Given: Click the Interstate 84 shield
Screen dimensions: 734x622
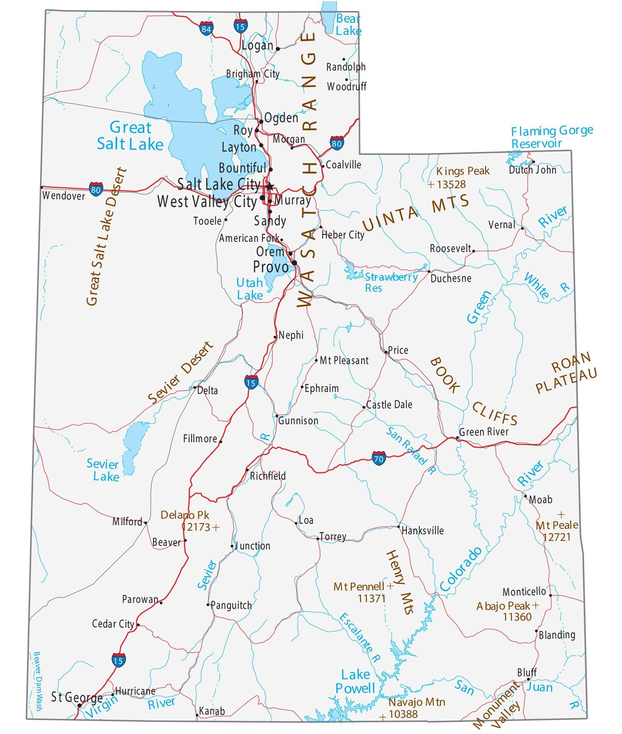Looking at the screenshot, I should tap(206, 29).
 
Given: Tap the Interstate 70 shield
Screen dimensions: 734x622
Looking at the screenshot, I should tap(379, 458).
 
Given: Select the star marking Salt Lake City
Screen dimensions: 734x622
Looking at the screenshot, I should tap(270, 186).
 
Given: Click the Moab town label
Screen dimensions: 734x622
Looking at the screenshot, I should tap(540, 499).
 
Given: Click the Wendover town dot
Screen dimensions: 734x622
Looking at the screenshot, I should tap(41, 187).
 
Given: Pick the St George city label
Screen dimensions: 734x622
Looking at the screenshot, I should tap(76, 697).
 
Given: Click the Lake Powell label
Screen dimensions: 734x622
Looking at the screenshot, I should tap(355, 682).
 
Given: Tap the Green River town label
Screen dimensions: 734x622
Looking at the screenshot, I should tap(484, 432).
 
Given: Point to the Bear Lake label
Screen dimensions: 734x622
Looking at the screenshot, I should tap(348, 25).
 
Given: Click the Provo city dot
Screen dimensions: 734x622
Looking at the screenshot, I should tap(294, 262).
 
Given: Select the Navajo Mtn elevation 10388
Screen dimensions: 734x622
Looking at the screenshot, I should tap(403, 714).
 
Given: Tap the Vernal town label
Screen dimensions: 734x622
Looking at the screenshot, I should tap(502, 225).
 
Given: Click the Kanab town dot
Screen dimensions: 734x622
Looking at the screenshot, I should tap(197, 715).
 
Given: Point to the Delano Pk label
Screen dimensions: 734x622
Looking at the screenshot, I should tap(185, 515).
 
